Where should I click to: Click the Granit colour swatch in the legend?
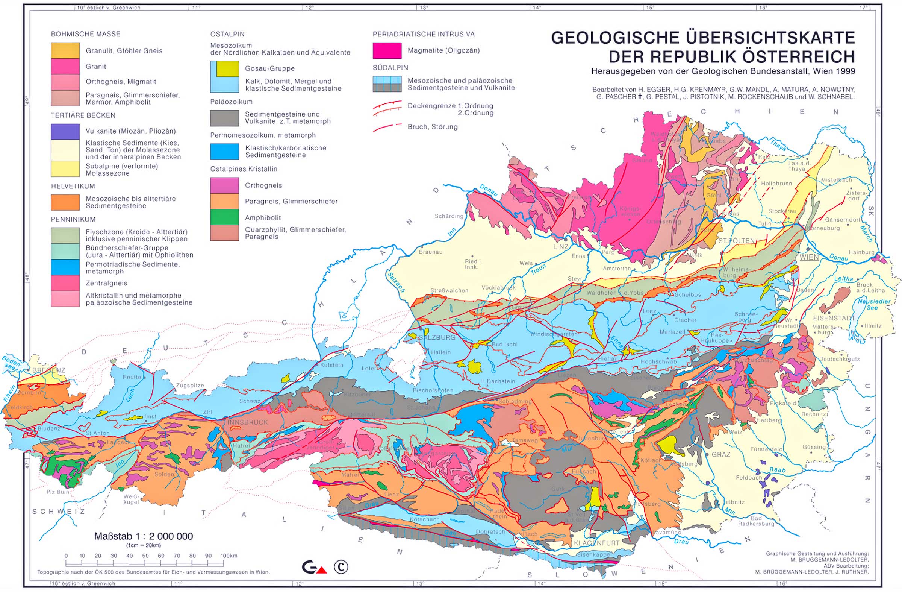65,66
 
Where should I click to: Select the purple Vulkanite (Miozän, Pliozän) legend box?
65,132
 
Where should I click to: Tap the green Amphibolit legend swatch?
224,217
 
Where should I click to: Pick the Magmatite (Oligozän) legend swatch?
387,50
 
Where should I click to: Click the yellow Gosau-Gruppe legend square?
227,68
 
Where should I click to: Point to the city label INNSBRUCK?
247,422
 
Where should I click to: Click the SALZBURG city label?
437,337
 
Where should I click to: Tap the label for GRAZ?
721,454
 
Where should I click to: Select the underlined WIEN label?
809,257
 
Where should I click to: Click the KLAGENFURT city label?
596,543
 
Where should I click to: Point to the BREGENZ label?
49,370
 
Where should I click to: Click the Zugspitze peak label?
190,385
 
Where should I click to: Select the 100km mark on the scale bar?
229,556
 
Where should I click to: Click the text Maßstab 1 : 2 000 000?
143,536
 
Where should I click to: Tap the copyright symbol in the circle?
341,567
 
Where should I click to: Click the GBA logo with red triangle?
314,567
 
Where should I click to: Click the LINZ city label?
560,246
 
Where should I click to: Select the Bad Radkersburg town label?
756,521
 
